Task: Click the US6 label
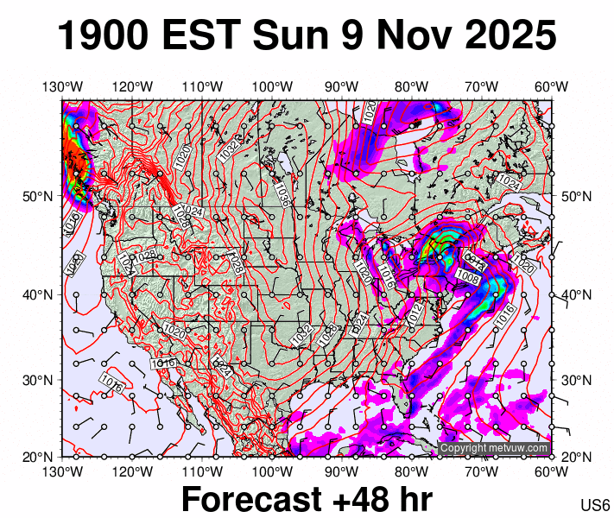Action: click(x=595, y=504)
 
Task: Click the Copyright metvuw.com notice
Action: click(x=494, y=448)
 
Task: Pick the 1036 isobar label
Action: click(x=282, y=195)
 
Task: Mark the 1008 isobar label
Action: click(x=468, y=275)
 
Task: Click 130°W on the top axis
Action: click(x=63, y=86)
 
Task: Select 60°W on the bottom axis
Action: click(x=551, y=471)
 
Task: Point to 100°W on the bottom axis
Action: click(x=272, y=471)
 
